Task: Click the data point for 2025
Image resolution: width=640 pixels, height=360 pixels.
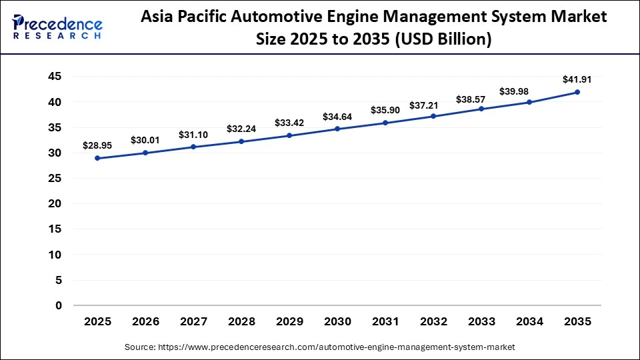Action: pyautogui.click(x=98, y=158)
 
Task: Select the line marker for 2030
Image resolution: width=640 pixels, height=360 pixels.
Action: pyautogui.click(x=338, y=129)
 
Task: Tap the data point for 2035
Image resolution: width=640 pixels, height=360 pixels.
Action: pyautogui.click(x=577, y=92)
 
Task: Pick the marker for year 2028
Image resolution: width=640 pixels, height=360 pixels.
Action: pyautogui.click(x=242, y=141)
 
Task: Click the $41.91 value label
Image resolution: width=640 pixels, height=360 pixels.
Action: pyautogui.click(x=577, y=79)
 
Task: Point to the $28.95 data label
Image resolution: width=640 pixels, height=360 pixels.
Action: pyautogui.click(x=98, y=145)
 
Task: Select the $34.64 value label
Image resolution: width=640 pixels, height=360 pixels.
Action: pyautogui.click(x=338, y=117)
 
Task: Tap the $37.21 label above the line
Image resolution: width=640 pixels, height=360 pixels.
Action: pyautogui.click(x=434, y=105)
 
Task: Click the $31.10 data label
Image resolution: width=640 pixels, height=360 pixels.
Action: pyautogui.click(x=194, y=135)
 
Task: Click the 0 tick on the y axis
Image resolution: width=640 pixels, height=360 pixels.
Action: pyautogui.click(x=58, y=305)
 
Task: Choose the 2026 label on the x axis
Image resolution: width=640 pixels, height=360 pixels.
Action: pyautogui.click(x=146, y=322)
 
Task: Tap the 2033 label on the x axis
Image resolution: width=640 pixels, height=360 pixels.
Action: pyautogui.click(x=482, y=322)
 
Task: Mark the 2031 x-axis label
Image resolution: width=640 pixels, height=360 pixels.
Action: pyautogui.click(x=386, y=322)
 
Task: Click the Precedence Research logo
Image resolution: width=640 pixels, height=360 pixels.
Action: pyautogui.click(x=57, y=27)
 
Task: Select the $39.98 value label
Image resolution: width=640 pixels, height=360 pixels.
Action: pyautogui.click(x=530, y=91)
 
